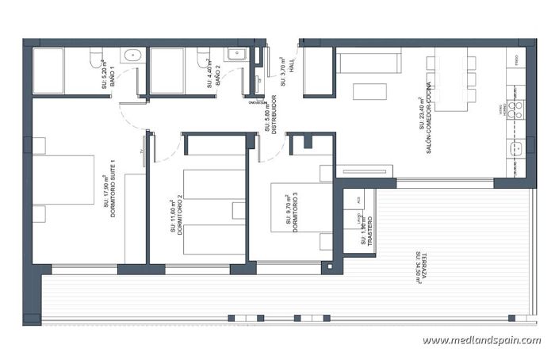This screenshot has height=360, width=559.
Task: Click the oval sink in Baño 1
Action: click(x=132, y=56)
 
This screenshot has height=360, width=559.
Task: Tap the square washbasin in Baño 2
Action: click(x=236, y=55)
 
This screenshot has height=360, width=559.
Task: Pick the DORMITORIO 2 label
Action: click(x=179, y=213)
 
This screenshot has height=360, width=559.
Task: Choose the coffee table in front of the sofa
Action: click(x=369, y=91)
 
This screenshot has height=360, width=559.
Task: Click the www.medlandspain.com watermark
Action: click(x=481, y=341)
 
